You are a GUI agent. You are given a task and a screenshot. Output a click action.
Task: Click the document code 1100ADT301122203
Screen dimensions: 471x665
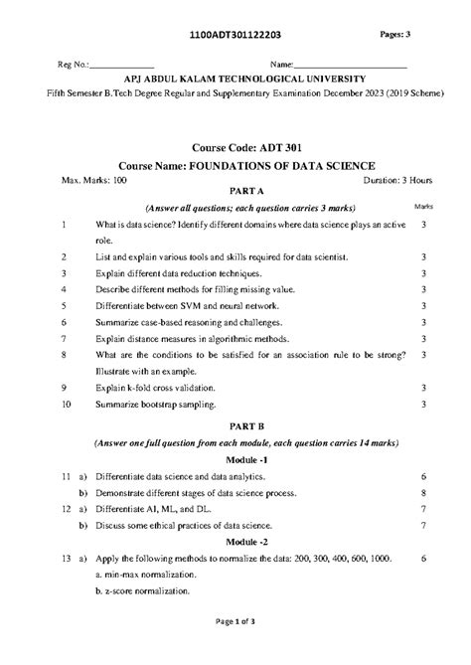[x=235, y=34]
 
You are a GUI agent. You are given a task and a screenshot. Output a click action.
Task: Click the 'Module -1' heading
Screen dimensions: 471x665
[x=235, y=462]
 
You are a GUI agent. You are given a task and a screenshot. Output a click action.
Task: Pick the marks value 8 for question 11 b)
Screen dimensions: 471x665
[x=423, y=494]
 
